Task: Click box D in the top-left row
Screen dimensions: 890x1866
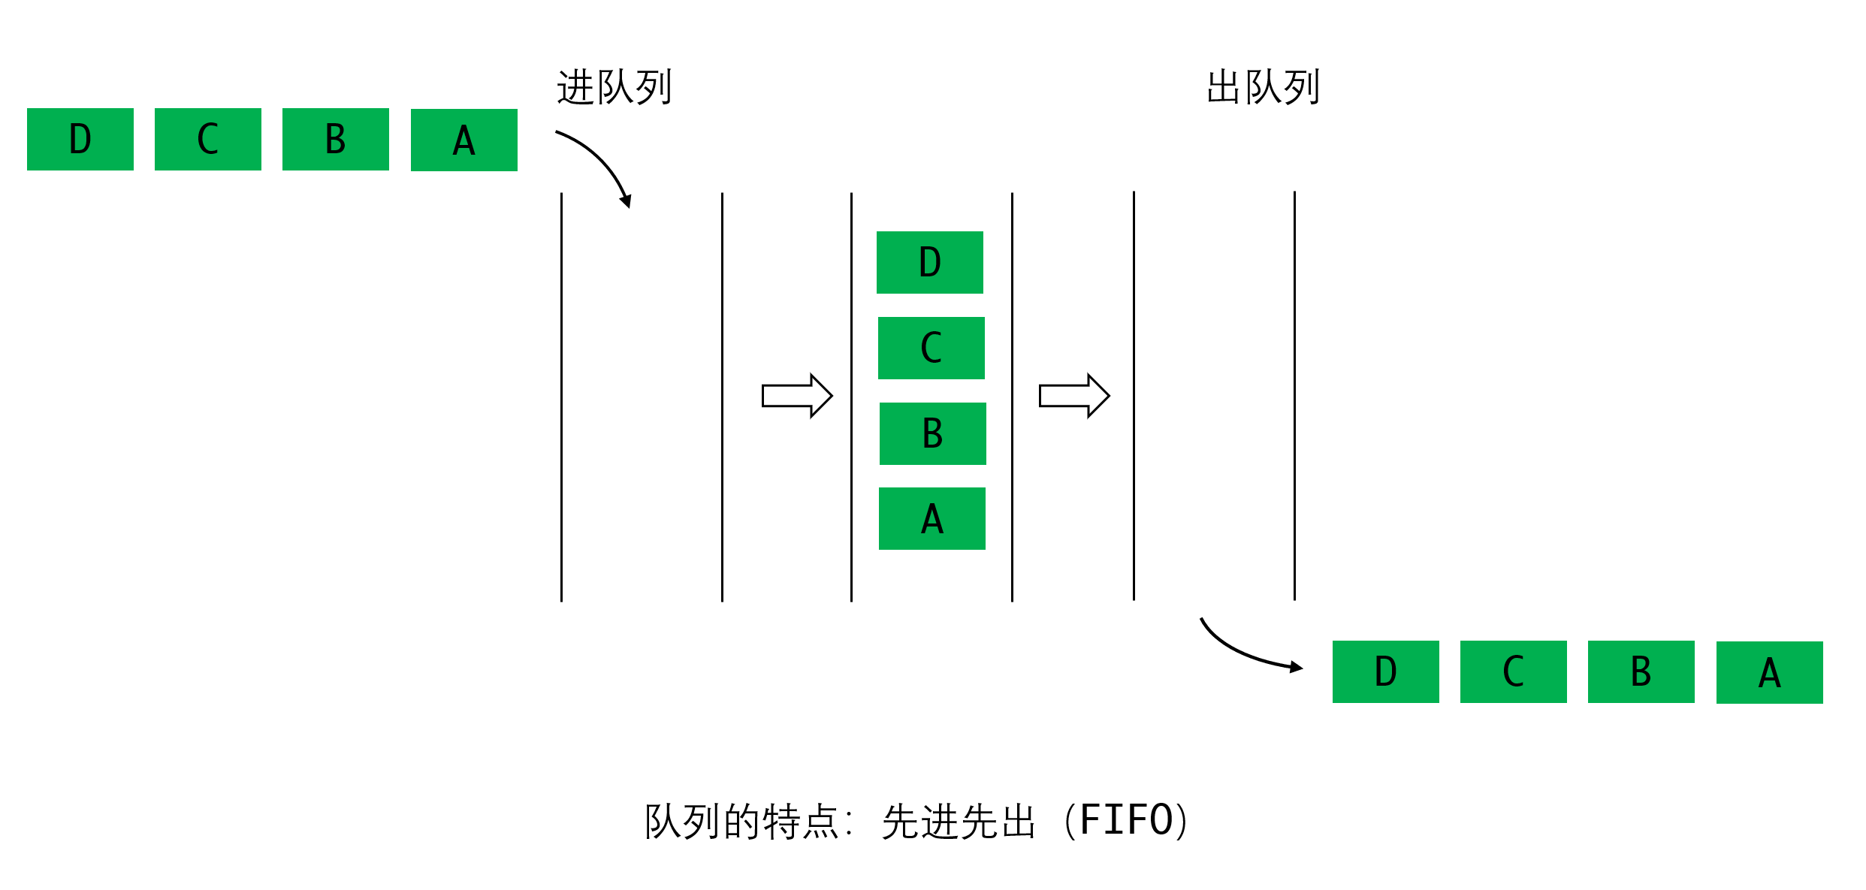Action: (x=80, y=139)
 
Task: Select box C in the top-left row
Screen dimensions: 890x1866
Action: (x=208, y=139)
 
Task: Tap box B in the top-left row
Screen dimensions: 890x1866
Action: (x=336, y=139)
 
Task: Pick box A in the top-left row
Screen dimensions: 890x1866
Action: (x=464, y=140)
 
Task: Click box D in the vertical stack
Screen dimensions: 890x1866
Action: (x=930, y=262)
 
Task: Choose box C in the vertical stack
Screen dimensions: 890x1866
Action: (x=931, y=348)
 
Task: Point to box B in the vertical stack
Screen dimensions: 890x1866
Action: (x=933, y=433)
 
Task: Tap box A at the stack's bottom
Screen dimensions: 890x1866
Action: (x=932, y=518)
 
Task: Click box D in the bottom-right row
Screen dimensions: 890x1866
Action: (x=1386, y=671)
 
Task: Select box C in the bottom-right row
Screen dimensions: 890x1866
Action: (x=1514, y=671)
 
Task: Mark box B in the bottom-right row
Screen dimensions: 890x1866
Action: (x=1641, y=671)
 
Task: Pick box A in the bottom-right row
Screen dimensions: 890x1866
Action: (x=1770, y=672)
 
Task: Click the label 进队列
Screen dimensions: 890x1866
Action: (x=614, y=87)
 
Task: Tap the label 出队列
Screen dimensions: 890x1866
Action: (x=1263, y=87)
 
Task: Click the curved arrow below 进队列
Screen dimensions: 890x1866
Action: (x=601, y=161)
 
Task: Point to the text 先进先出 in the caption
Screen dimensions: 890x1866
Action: (x=959, y=821)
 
